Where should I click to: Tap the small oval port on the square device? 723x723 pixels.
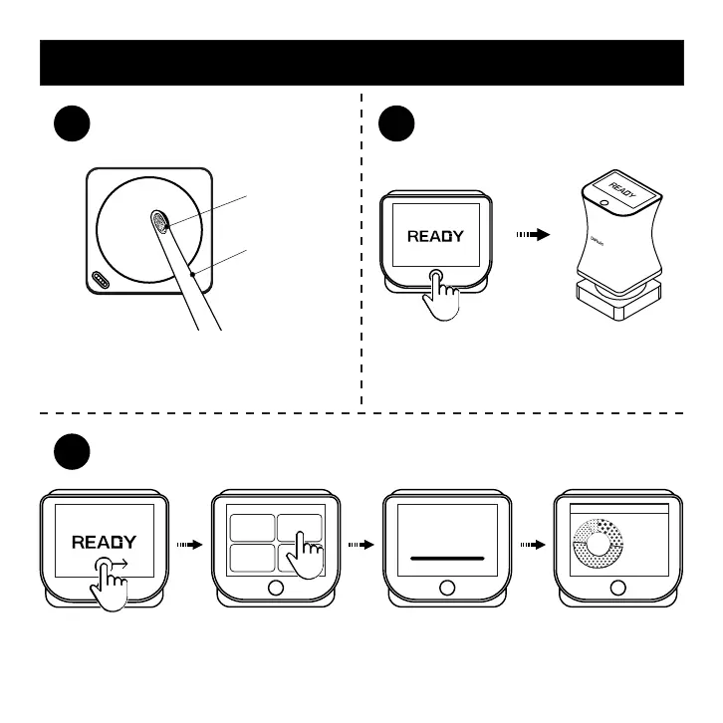tap(102, 280)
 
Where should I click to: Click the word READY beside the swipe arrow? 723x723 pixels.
tap(104, 543)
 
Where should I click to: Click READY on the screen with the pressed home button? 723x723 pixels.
tap(435, 237)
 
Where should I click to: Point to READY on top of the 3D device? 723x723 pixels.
tap(621, 187)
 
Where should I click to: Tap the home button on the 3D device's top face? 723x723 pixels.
tap(602, 203)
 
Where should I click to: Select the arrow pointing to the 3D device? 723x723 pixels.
tap(534, 236)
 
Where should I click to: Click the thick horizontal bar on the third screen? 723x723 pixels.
tap(447, 559)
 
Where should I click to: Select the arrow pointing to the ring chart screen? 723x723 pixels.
tap(534, 546)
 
